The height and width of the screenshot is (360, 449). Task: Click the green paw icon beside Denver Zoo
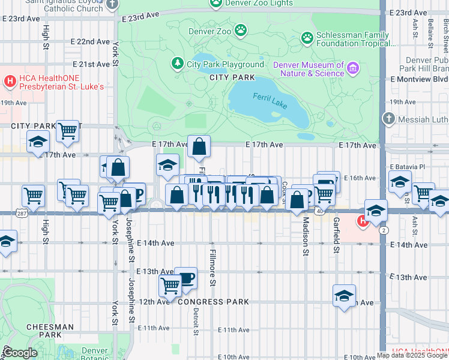pyautogui.click(x=241, y=29)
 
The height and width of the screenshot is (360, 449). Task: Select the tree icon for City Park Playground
pyautogui.click(x=177, y=64)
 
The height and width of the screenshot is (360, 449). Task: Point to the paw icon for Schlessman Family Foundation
pyautogui.click(x=307, y=38)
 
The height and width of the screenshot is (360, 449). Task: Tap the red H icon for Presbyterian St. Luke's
pyautogui.click(x=10, y=81)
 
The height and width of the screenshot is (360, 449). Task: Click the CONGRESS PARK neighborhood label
pyautogui.click(x=213, y=302)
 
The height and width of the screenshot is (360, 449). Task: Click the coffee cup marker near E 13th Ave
pyautogui.click(x=186, y=278)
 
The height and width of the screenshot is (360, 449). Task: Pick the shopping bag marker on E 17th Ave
pyautogui.click(x=199, y=146)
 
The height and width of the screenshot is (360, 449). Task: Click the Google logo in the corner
pyautogui.click(x=20, y=353)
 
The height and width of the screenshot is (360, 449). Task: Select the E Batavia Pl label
pyautogui.click(x=411, y=166)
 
